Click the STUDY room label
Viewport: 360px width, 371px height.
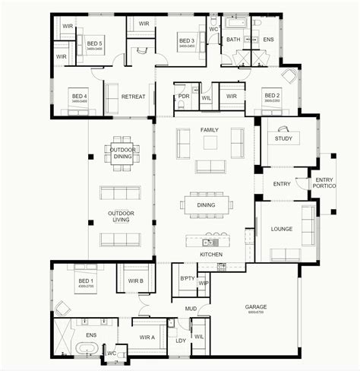pos(283,138)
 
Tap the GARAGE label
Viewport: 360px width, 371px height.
pos(255,307)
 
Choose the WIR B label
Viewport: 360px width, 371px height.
pos(136,281)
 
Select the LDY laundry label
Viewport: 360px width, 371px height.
pos(181,341)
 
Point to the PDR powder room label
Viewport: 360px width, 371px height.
pos(183,97)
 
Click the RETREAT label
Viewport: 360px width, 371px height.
pos(133,97)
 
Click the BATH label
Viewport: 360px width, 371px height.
pos(233,40)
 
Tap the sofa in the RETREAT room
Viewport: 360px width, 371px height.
pos(111,97)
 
